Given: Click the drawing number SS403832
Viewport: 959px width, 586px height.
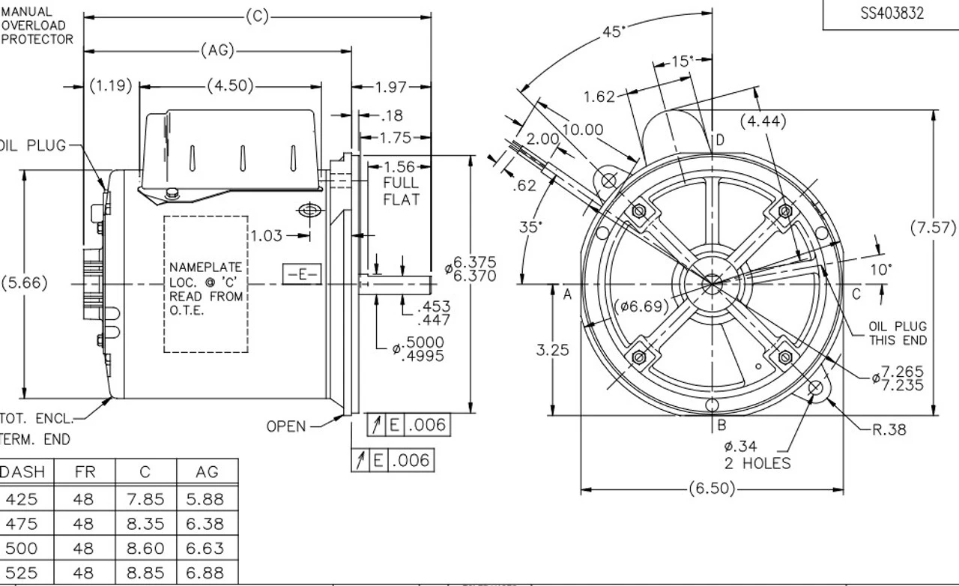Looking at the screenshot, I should [x=892, y=13].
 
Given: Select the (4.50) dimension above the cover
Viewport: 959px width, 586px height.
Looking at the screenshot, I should [x=230, y=85].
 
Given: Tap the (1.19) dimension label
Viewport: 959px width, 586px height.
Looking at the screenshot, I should [x=111, y=85].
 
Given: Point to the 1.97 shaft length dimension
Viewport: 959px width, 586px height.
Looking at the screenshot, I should [x=390, y=88].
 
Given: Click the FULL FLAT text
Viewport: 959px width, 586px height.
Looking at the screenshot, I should [x=401, y=191].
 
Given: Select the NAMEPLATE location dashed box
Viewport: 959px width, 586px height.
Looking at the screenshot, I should [x=206, y=284].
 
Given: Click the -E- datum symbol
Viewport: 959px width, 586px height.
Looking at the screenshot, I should [x=302, y=274].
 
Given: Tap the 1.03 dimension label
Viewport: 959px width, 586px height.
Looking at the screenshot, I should [x=267, y=236].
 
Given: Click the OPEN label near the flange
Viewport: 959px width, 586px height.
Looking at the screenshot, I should [x=286, y=426].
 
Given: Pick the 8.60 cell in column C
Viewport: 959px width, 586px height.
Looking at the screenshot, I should [x=145, y=549].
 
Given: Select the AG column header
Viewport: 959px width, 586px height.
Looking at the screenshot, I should [x=207, y=472].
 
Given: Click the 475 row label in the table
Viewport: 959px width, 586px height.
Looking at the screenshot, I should [x=21, y=524].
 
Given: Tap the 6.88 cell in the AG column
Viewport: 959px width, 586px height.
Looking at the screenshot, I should [x=205, y=573].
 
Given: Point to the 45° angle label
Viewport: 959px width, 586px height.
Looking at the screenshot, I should [x=614, y=32].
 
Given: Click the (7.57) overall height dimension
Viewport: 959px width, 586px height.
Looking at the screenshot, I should [x=933, y=228].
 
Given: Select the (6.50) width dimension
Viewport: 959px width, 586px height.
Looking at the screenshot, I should [x=712, y=489].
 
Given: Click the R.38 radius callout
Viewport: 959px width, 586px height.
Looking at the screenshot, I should [x=889, y=429].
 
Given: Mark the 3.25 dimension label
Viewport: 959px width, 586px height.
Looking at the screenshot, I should [x=553, y=349].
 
